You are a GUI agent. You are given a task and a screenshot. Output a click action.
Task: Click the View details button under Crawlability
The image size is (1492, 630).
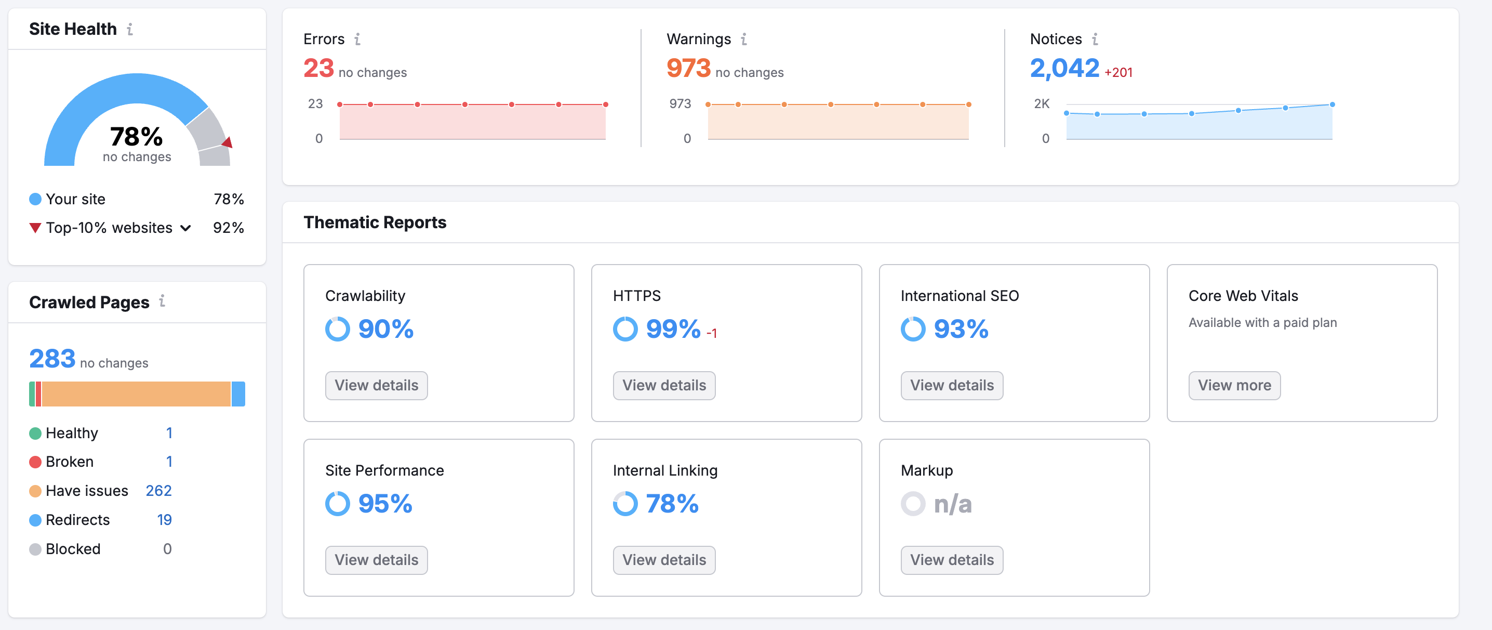(x=376, y=385)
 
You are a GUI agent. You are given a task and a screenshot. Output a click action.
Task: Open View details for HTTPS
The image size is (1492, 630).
(x=664, y=385)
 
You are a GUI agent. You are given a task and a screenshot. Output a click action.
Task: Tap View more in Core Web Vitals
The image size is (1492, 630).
(x=1234, y=385)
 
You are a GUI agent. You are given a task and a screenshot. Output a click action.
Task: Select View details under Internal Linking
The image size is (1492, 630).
(x=664, y=560)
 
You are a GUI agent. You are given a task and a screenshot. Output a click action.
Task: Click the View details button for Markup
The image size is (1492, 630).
(x=952, y=560)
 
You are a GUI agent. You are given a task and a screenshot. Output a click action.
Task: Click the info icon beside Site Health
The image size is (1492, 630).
(x=130, y=29)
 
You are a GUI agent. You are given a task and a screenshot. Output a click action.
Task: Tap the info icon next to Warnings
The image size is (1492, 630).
(x=744, y=39)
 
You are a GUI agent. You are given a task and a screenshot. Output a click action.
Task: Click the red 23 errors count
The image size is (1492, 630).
(x=318, y=69)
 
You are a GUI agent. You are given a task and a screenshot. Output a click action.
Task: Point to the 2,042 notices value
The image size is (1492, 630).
(x=1064, y=69)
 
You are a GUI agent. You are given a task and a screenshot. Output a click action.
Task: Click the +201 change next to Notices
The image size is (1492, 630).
(x=1118, y=72)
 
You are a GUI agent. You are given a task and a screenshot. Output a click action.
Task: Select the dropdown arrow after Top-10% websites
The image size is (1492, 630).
(x=185, y=228)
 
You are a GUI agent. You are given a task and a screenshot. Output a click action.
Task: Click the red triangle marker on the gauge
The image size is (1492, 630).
(x=228, y=142)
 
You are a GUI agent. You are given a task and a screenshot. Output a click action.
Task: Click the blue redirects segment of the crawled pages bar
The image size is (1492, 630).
(x=238, y=393)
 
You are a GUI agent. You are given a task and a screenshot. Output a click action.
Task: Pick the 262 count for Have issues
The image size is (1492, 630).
(x=158, y=491)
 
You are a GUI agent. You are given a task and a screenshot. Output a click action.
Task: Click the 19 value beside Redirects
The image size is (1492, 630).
(x=164, y=520)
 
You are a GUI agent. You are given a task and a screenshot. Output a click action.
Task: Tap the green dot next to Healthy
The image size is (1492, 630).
(x=35, y=433)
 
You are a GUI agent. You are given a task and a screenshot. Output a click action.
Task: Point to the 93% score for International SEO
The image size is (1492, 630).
(x=961, y=329)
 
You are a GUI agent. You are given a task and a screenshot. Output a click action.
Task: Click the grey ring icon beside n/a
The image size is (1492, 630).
(x=913, y=504)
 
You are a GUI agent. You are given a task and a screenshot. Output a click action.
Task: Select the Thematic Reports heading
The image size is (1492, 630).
(x=375, y=222)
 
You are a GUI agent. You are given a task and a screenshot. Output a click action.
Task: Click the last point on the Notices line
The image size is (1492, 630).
(x=1332, y=104)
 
